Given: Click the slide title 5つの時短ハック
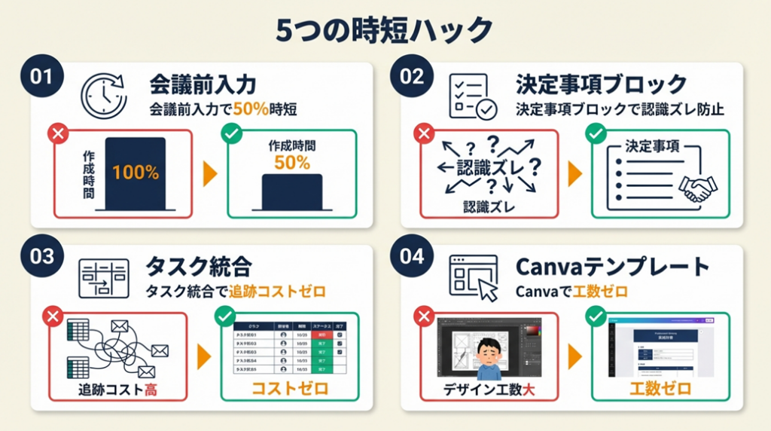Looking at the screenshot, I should point(385,31).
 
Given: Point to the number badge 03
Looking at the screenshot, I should point(41,256).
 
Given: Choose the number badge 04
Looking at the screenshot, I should point(412,256).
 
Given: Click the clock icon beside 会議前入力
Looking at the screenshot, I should point(104,95).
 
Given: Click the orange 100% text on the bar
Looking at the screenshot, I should point(136,172).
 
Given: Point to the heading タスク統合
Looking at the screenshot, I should point(197,266).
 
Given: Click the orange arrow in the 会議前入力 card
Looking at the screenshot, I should point(210,174).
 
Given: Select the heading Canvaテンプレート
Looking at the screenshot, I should point(612,266).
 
